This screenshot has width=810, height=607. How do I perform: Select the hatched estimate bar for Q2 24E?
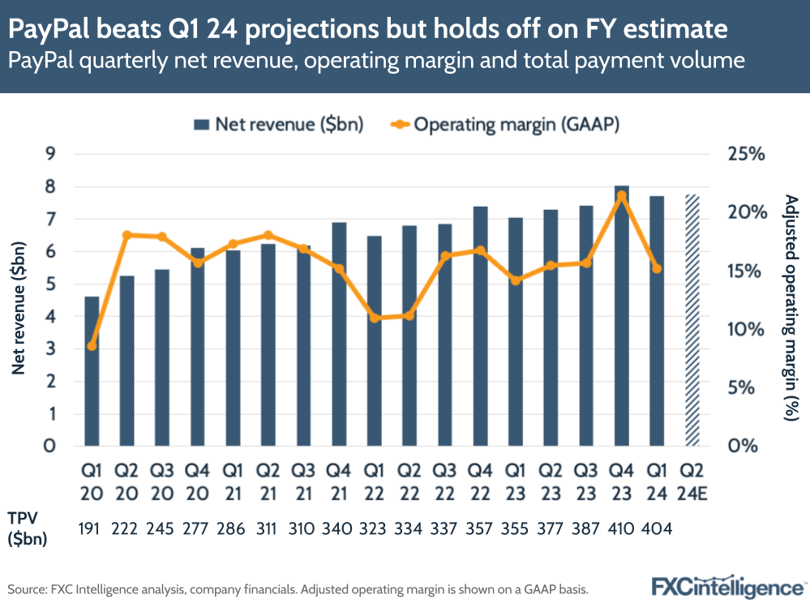click(x=692, y=320)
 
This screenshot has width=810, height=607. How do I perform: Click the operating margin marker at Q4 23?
click(x=621, y=195)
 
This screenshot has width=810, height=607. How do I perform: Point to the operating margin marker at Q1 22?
click(x=375, y=318)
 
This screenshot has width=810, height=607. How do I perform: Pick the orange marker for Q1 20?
click(x=92, y=346)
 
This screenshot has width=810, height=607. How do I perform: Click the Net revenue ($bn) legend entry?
click(x=278, y=124)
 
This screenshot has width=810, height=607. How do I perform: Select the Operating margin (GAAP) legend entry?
click(x=506, y=124)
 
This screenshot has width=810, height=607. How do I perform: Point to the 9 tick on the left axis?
click(x=49, y=154)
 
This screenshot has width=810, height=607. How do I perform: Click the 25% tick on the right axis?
click(x=745, y=154)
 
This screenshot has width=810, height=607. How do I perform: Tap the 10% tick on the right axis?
click(x=745, y=329)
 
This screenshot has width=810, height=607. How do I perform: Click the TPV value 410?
click(x=621, y=528)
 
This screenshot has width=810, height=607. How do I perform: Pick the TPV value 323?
click(x=375, y=528)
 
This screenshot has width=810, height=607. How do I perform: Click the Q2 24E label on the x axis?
click(x=692, y=481)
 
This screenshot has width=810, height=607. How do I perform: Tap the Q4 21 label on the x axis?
click(x=339, y=481)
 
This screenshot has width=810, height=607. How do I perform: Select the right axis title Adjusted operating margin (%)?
click(x=790, y=307)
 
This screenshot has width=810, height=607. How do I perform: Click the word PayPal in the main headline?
click(x=49, y=31)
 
